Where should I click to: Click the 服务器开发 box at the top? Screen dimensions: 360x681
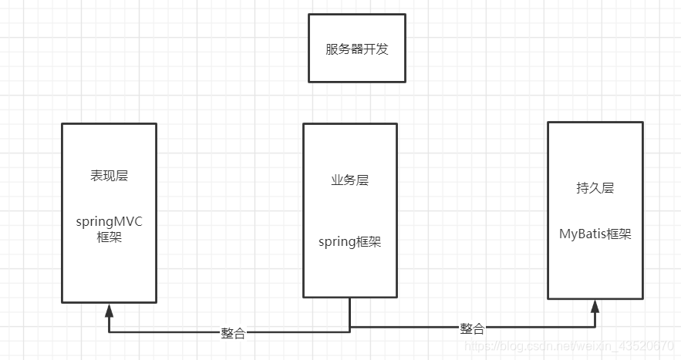point(357,49)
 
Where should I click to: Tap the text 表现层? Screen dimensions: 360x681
point(109,176)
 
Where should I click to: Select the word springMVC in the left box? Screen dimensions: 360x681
point(109,222)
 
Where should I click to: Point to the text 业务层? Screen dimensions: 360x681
point(349,180)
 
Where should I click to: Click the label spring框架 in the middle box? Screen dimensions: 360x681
point(349,241)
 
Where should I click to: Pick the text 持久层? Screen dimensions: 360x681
point(595,188)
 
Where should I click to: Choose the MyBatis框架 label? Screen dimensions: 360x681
point(595,234)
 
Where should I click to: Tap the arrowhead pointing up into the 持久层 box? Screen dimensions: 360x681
point(595,306)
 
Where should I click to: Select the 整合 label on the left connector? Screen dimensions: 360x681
point(233,333)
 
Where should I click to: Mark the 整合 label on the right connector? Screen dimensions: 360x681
point(472,328)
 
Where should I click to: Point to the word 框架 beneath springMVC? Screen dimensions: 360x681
point(109,237)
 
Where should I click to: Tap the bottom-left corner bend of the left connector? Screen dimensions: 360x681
point(109,332)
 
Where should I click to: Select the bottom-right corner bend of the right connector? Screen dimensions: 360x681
point(595,327)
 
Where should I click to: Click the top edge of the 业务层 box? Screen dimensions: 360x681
point(349,124)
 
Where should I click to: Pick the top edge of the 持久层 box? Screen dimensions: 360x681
point(595,122)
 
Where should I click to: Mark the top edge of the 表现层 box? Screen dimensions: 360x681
point(109,123)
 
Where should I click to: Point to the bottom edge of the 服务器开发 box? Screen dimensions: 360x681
point(357,81)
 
